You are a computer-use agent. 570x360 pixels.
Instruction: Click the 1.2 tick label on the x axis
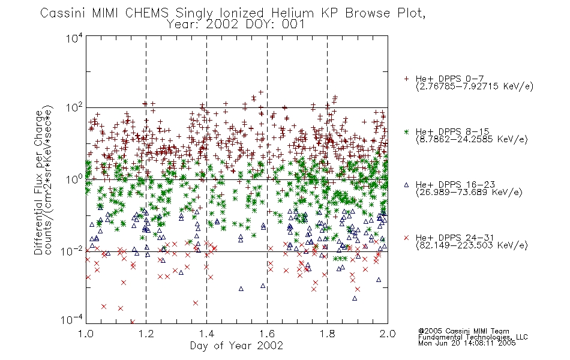pos(146,334)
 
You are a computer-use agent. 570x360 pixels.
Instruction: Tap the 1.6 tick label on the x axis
pos(267,334)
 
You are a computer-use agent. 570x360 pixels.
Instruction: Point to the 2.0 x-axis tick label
pos(388,334)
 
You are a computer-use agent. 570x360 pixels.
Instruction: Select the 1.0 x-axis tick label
pos(86,334)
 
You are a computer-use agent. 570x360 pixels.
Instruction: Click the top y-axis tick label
pos(74,38)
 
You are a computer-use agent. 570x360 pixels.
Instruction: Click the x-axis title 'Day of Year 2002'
pos(236,346)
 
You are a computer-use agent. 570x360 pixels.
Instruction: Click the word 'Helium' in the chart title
pos(292,13)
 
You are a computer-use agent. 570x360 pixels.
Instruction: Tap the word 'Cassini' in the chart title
pos(63,13)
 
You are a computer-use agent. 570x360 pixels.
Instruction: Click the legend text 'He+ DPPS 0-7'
pos(449,79)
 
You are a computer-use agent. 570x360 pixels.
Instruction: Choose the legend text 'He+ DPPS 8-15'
pos(452,131)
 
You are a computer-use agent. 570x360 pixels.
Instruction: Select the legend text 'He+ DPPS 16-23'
pos(455,185)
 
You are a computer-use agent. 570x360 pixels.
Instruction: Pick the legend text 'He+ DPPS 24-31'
pos(455,238)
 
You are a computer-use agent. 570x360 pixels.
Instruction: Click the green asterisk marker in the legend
pos(406,131)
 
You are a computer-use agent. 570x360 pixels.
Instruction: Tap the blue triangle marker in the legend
pos(406,185)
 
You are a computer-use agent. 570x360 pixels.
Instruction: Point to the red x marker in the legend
pos(406,238)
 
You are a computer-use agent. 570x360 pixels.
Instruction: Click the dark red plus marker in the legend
pos(406,79)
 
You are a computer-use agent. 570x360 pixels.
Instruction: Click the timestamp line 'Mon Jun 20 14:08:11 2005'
pos(467,343)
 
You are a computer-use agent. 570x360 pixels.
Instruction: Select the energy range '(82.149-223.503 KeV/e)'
pos(472,245)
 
